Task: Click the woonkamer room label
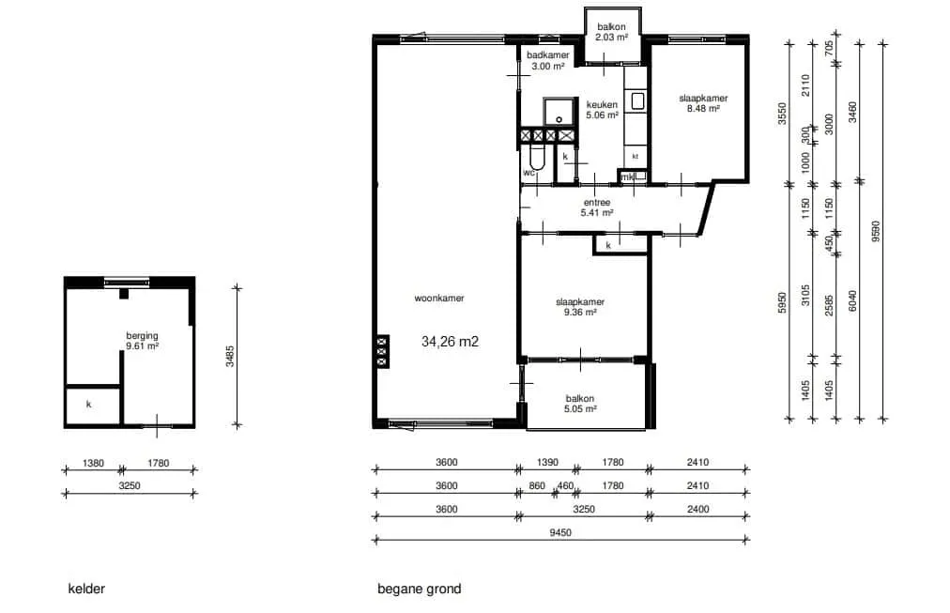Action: coord(438,298)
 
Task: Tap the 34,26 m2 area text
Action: coord(451,342)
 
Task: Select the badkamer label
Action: coord(547,55)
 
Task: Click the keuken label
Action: coord(602,105)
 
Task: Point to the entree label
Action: coord(597,203)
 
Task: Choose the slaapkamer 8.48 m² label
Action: coord(703,103)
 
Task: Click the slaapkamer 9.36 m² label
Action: coord(580,307)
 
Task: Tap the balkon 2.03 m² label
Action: coord(611,32)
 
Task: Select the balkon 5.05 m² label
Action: coord(580,404)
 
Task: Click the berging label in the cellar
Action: coord(142,335)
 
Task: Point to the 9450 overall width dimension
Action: coord(560,533)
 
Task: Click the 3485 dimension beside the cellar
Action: coord(230,356)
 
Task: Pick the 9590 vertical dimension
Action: coord(876,231)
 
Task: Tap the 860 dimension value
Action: coord(537,485)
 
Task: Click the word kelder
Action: coord(86,589)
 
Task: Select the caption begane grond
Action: coord(420,589)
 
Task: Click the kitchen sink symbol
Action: coord(636,101)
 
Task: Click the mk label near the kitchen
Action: coord(626,177)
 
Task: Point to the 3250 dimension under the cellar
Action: coord(130,485)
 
